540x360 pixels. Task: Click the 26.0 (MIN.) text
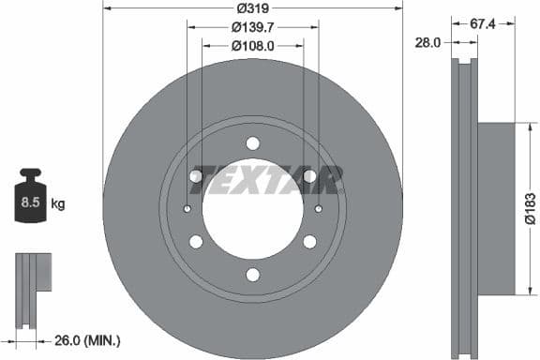click(87, 339)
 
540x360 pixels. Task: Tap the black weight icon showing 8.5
click(31, 197)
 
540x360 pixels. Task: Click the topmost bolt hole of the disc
click(252, 143)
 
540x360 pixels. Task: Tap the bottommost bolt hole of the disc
click(252, 274)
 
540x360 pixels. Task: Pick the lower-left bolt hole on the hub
click(196, 242)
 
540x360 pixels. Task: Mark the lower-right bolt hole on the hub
click(309, 242)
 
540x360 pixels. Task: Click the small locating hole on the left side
click(187, 208)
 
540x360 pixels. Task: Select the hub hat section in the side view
click(497, 208)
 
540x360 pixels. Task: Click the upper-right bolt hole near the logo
click(309, 176)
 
